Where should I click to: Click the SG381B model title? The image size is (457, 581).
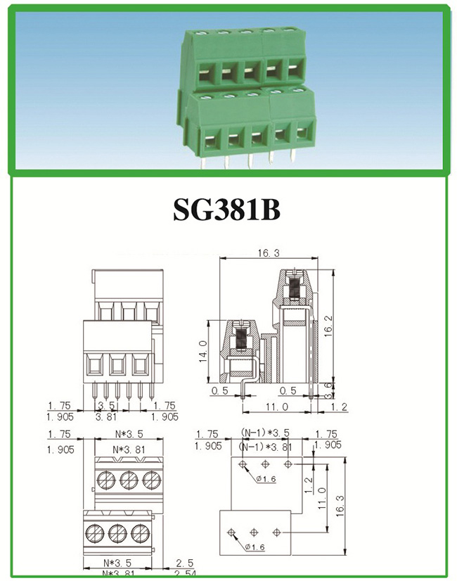pos(226,208)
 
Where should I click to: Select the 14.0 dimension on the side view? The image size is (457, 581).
pos(203,347)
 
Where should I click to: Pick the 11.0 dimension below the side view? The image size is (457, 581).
pos(277,407)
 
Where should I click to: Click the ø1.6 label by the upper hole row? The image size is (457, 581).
pos(266,479)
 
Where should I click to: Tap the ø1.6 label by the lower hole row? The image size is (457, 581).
pos(257,547)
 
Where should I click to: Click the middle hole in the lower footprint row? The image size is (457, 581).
pos(255,532)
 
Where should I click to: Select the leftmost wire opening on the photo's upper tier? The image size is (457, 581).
pos(210,72)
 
